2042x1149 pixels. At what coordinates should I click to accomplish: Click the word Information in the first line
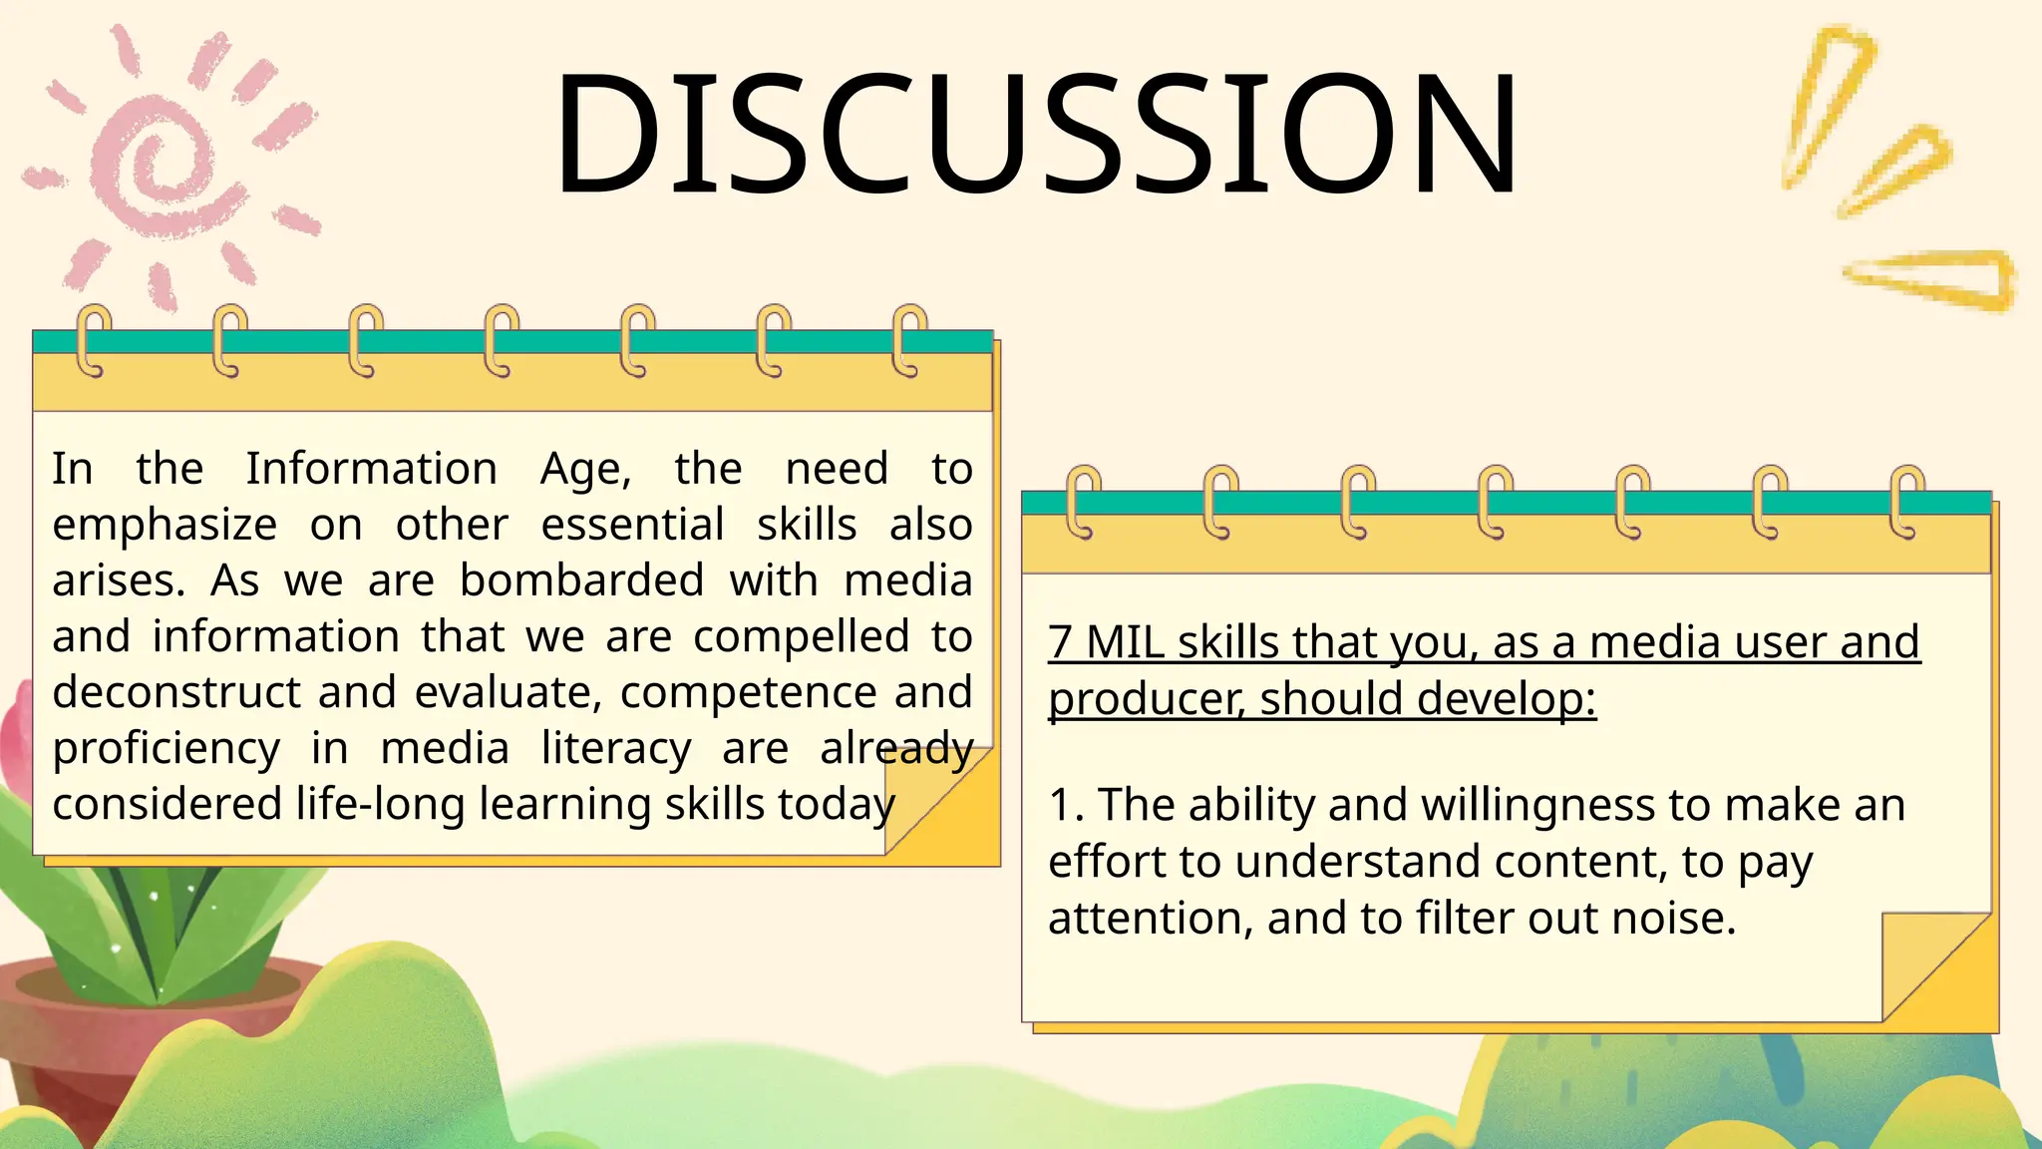[371, 468]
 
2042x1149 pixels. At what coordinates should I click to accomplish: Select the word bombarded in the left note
[581, 580]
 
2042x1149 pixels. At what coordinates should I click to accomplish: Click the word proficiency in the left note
[167, 749]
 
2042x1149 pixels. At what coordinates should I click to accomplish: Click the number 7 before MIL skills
[1061, 641]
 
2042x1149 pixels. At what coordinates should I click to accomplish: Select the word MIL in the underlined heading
[1125, 641]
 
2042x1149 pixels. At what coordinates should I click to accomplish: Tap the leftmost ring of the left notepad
[95, 340]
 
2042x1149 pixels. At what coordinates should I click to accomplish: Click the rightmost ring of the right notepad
[1905, 501]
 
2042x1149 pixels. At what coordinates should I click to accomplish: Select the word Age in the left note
[584, 469]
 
